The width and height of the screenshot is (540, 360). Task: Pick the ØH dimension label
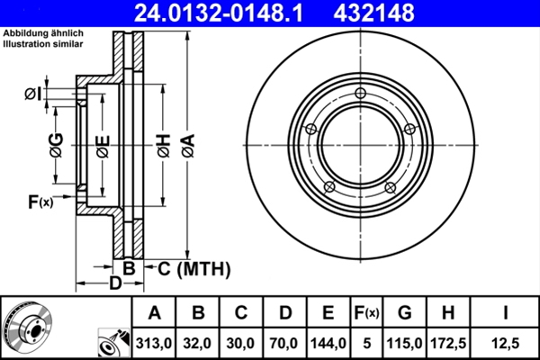[162, 147]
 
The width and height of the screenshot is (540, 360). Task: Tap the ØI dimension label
[34, 94]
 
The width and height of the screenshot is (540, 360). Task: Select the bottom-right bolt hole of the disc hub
[390, 187]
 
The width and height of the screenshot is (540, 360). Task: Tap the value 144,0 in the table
[327, 343]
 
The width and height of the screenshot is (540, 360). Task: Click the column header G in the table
[405, 313]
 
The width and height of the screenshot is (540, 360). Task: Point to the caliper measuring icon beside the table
[111, 343]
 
